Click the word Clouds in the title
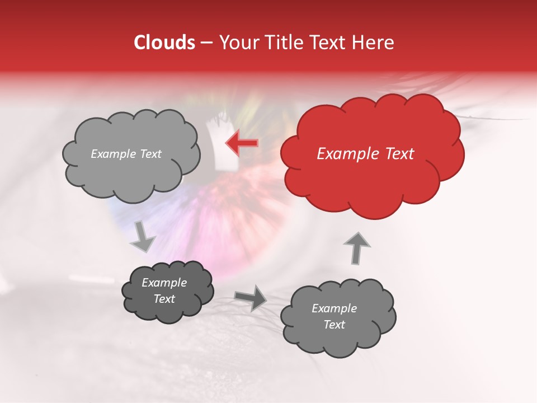click(164, 43)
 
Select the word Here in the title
click(374, 43)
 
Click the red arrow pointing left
click(242, 143)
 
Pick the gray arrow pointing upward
click(356, 247)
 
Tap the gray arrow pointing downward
click(143, 236)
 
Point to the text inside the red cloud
click(365, 154)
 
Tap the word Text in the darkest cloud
click(164, 299)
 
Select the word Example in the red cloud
click(345, 154)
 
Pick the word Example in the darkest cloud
click(164, 283)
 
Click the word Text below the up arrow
click(334, 325)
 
